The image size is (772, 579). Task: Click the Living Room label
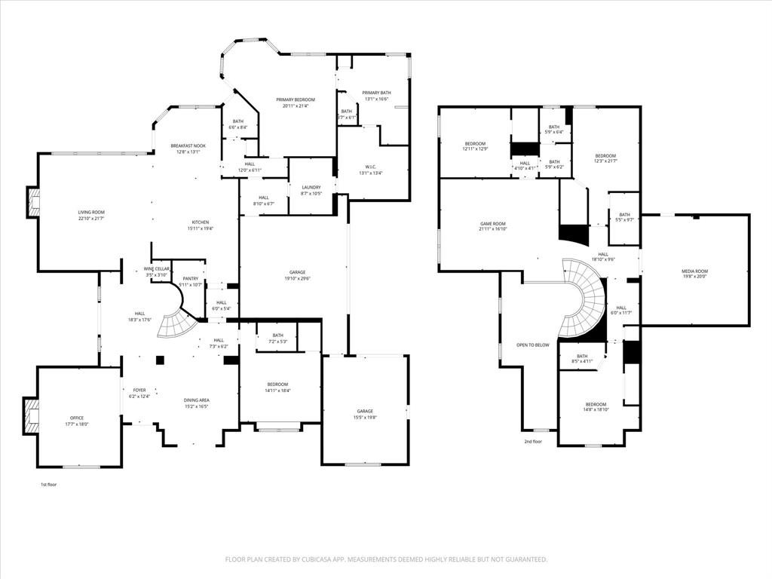click(91, 213)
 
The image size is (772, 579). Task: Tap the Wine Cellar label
click(157, 268)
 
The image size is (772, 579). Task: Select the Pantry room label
click(190, 278)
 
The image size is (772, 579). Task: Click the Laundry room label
click(311, 187)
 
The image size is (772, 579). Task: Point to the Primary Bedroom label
click(295, 100)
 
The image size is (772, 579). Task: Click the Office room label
click(77, 418)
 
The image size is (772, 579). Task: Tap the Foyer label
click(139, 390)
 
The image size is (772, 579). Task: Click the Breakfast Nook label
click(188, 146)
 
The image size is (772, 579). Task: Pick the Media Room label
click(695, 271)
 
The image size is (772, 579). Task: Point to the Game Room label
click(492, 223)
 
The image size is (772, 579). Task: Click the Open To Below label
click(532, 345)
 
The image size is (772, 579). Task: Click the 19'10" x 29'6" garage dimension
click(296, 278)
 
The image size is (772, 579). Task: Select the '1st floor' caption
click(48, 485)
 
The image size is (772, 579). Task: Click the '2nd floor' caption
click(533, 442)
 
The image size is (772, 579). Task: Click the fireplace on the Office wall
click(32, 415)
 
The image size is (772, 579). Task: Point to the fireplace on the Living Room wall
click(34, 201)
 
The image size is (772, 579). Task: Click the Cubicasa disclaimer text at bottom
click(386, 559)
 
